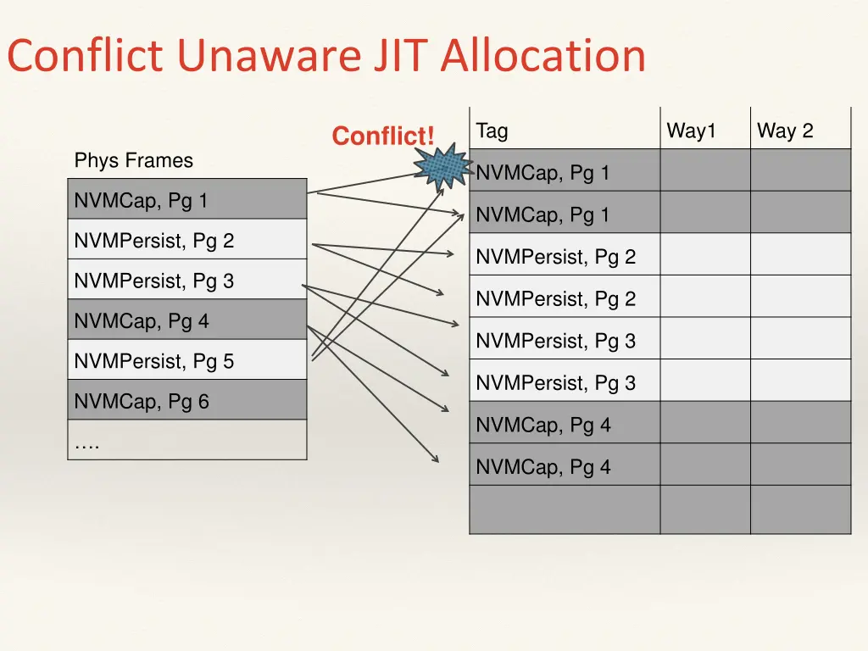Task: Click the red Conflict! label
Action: (382, 136)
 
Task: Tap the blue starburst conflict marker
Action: (444, 168)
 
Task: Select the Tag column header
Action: (492, 131)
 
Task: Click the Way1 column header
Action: (692, 131)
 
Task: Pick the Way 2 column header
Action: (785, 131)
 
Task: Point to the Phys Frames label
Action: (133, 160)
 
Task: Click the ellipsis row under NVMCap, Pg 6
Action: (186, 441)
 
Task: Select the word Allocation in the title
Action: (542, 56)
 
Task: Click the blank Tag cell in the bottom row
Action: (565, 509)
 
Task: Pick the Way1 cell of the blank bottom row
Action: (705, 509)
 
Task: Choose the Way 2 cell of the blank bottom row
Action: (800, 509)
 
